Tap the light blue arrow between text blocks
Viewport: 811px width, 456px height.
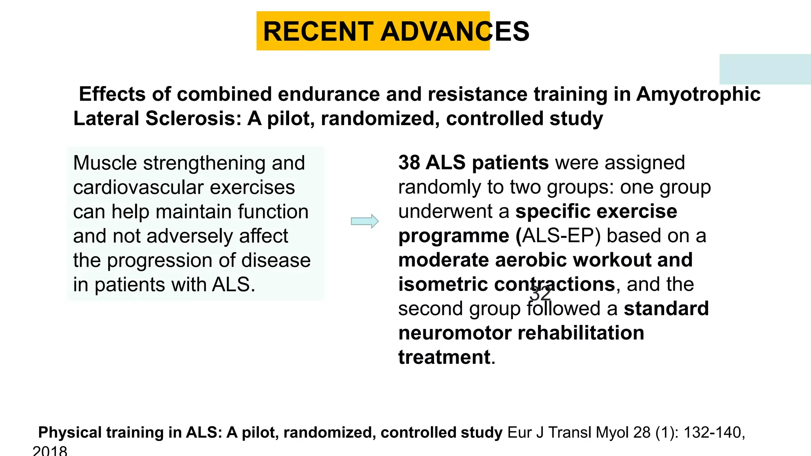pyautogui.click(x=365, y=221)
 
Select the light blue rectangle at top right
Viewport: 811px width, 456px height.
pyautogui.click(x=765, y=69)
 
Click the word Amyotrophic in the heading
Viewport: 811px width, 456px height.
pyautogui.click(x=698, y=95)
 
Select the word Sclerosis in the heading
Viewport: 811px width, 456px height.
pyautogui.click(x=193, y=119)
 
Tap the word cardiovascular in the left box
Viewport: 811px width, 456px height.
pyautogui.click(x=139, y=187)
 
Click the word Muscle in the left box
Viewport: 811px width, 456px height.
pyautogui.click(x=105, y=163)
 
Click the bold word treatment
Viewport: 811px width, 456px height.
pyautogui.click(x=444, y=357)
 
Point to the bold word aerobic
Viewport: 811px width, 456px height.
pyautogui.click(x=531, y=260)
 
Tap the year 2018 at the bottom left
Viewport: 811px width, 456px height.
pyautogui.click(x=50, y=451)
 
